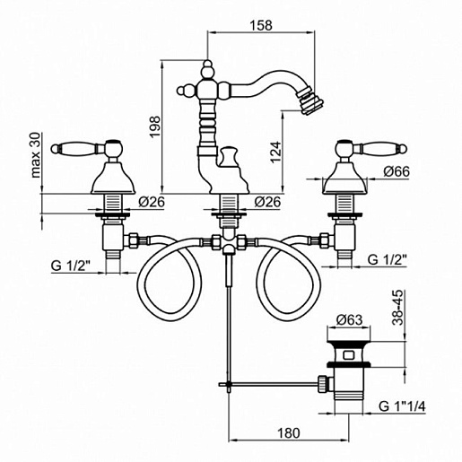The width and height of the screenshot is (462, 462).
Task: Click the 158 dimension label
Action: pyautogui.click(x=261, y=25)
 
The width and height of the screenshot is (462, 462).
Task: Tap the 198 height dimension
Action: pyautogui.click(x=155, y=126)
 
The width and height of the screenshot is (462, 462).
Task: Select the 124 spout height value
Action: pyautogui.click(x=275, y=152)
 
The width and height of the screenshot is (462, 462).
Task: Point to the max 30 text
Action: pyautogui.click(x=36, y=155)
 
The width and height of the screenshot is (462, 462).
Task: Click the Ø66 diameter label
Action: pyautogui.click(x=397, y=171)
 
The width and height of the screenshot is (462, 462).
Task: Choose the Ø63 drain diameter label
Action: pyautogui.click(x=349, y=320)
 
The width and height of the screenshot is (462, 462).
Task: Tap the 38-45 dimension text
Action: pyautogui.click(x=398, y=308)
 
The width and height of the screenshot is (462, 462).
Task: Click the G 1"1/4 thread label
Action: pyautogui.click(x=402, y=406)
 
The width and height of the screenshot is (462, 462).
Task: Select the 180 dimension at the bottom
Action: pyautogui.click(x=289, y=432)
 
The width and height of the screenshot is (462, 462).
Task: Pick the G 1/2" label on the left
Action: pyautogui.click(x=71, y=266)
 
